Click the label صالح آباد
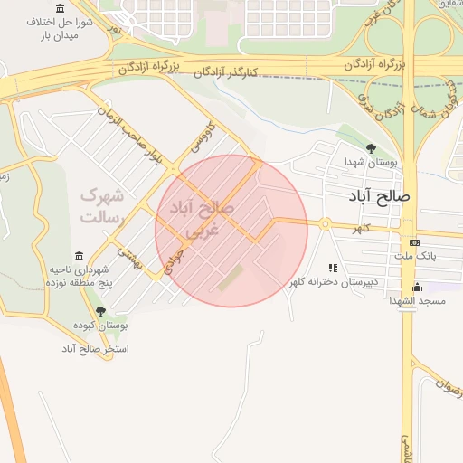coord(383,195)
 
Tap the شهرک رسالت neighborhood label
coord(100,205)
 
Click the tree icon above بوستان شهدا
coord(370,148)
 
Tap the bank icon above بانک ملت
coord(414,242)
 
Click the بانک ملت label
coord(414,256)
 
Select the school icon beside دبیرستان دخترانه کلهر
coord(333,269)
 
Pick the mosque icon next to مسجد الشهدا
coord(390,299)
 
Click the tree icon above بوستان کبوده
coord(100,311)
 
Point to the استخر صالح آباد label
coord(96,348)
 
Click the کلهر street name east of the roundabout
coord(361,229)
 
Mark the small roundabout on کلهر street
coord(324,224)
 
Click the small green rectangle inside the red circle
coord(230,277)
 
